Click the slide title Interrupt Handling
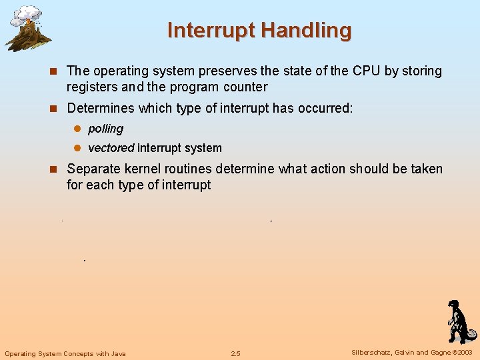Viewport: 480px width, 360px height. [x=259, y=30]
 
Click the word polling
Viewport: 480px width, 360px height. [x=105, y=129]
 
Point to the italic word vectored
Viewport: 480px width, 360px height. [x=111, y=148]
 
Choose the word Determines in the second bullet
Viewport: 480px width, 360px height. [x=101, y=108]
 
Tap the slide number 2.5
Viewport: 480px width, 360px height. [x=235, y=353]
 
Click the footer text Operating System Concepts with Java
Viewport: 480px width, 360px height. [x=65, y=353]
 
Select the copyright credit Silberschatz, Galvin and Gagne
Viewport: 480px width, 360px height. [x=399, y=353]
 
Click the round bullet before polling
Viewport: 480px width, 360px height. [x=76, y=129]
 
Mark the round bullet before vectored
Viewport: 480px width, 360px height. [x=76, y=148]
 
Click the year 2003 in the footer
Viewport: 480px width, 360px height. [x=465, y=353]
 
